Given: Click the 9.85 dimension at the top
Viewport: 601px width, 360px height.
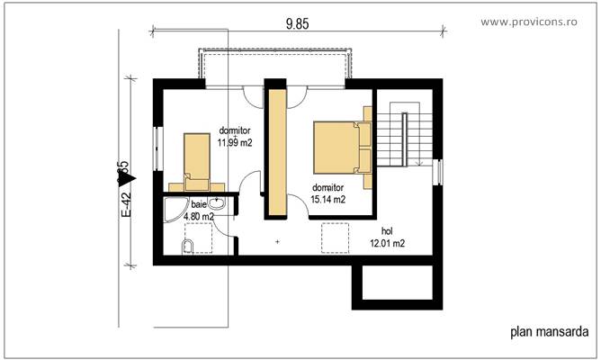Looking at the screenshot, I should pyautogui.click(x=298, y=24).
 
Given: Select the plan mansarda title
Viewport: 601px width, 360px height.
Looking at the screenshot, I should pyautogui.click(x=549, y=330).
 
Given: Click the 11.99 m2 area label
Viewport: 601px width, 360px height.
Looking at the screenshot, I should pyautogui.click(x=234, y=142).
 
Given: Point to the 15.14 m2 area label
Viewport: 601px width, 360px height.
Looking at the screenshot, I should pyautogui.click(x=328, y=200).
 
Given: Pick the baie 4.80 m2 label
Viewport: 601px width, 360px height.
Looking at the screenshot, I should pyautogui.click(x=198, y=211).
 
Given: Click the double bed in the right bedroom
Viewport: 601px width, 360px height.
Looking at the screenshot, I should pyautogui.click(x=340, y=147).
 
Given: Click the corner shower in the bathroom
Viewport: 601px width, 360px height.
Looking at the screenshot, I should pyautogui.click(x=174, y=211).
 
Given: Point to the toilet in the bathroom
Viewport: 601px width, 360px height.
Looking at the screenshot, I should pyautogui.click(x=189, y=247).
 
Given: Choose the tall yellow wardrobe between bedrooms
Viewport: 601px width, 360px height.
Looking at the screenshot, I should pyautogui.click(x=274, y=151).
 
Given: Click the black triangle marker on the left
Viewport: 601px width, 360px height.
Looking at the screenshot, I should pyautogui.click(x=122, y=178).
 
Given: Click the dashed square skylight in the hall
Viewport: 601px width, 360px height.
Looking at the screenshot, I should pyautogui.click(x=336, y=238).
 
